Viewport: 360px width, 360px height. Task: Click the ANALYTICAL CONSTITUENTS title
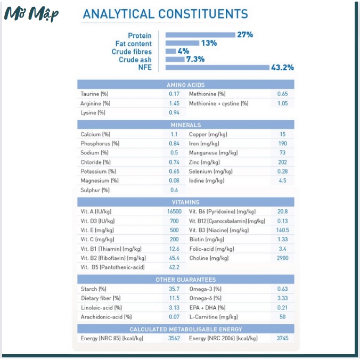click(165, 14)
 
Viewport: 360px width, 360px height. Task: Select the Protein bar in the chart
click(200, 35)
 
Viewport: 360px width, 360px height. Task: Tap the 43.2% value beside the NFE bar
click(283, 68)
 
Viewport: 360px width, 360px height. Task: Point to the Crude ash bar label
click(135, 60)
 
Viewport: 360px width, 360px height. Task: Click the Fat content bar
click(182, 43)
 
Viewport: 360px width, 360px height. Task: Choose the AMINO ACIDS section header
click(185, 85)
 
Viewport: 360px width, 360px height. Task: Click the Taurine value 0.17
click(174, 94)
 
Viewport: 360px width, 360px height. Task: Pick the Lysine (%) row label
click(93, 112)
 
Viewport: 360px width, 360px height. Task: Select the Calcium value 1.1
click(174, 134)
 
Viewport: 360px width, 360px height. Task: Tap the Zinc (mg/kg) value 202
click(282, 162)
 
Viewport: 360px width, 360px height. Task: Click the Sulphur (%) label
click(95, 190)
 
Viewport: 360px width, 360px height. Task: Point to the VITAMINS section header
click(185, 202)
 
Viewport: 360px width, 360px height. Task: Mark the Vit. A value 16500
click(174, 211)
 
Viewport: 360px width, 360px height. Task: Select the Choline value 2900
click(282, 258)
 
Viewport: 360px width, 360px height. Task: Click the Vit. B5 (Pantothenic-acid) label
click(112, 267)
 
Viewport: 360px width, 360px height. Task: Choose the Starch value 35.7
click(174, 289)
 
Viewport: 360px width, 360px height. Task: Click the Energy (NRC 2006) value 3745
click(282, 338)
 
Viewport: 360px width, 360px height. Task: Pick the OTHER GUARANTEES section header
click(185, 280)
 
